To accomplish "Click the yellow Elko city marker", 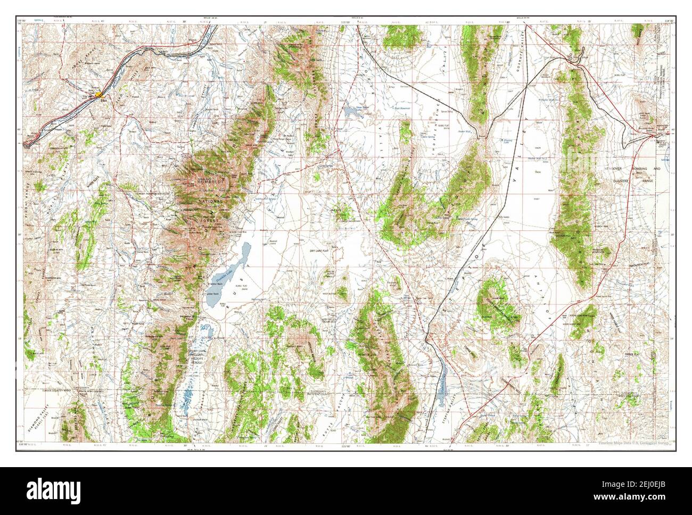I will click(99, 95).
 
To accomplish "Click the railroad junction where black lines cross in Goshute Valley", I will click(525, 85).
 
